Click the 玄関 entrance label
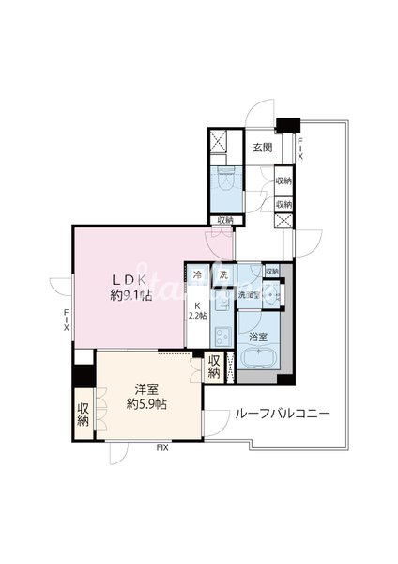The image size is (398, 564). [x=262, y=148]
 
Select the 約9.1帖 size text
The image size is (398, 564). [x=129, y=296]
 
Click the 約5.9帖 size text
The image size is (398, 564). [x=147, y=404]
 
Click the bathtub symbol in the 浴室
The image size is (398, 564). [x=254, y=359]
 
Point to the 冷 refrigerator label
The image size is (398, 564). [x=198, y=275]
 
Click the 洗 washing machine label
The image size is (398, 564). [x=223, y=275]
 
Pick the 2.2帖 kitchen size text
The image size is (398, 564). [x=197, y=317]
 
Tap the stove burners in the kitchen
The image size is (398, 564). [x=223, y=339]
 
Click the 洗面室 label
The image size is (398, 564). [x=248, y=295]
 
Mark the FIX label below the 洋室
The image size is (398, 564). [x=162, y=448]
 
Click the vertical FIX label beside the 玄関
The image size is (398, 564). [x=300, y=148]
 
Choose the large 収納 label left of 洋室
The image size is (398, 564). [x=83, y=414]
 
